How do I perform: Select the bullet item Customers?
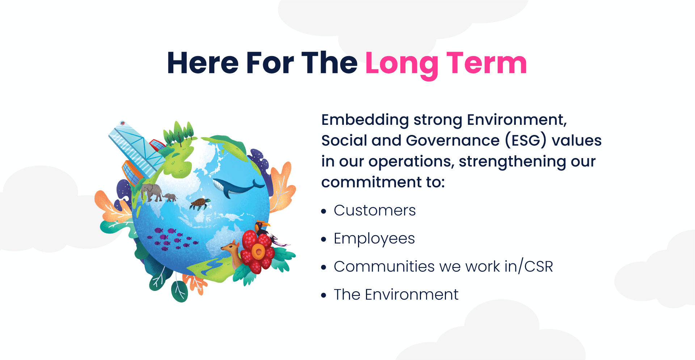[x=375, y=210]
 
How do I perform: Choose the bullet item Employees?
[x=374, y=239]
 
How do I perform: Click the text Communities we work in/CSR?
[x=443, y=267]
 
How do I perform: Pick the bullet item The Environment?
[x=396, y=295]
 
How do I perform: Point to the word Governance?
[x=453, y=140]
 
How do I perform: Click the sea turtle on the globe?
[x=200, y=204]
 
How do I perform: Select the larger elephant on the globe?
[x=152, y=192]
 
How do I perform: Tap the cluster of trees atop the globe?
[x=179, y=133]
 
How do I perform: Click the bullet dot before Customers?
[x=324, y=211]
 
